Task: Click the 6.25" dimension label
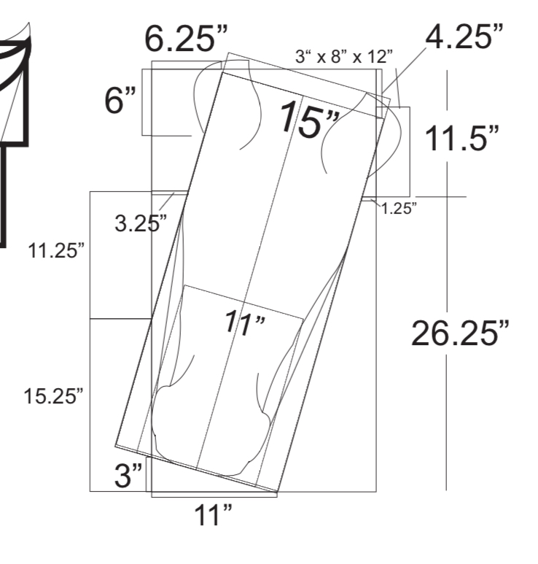point(186,39)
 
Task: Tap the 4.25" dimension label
point(464,36)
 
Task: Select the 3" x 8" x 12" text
point(344,56)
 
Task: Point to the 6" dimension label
point(120,101)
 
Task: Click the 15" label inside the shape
point(308,120)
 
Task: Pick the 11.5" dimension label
point(461,139)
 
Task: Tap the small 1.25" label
point(399,208)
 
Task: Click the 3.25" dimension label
point(141,223)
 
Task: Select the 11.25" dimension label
point(56,251)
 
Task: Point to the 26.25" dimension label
point(460,333)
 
